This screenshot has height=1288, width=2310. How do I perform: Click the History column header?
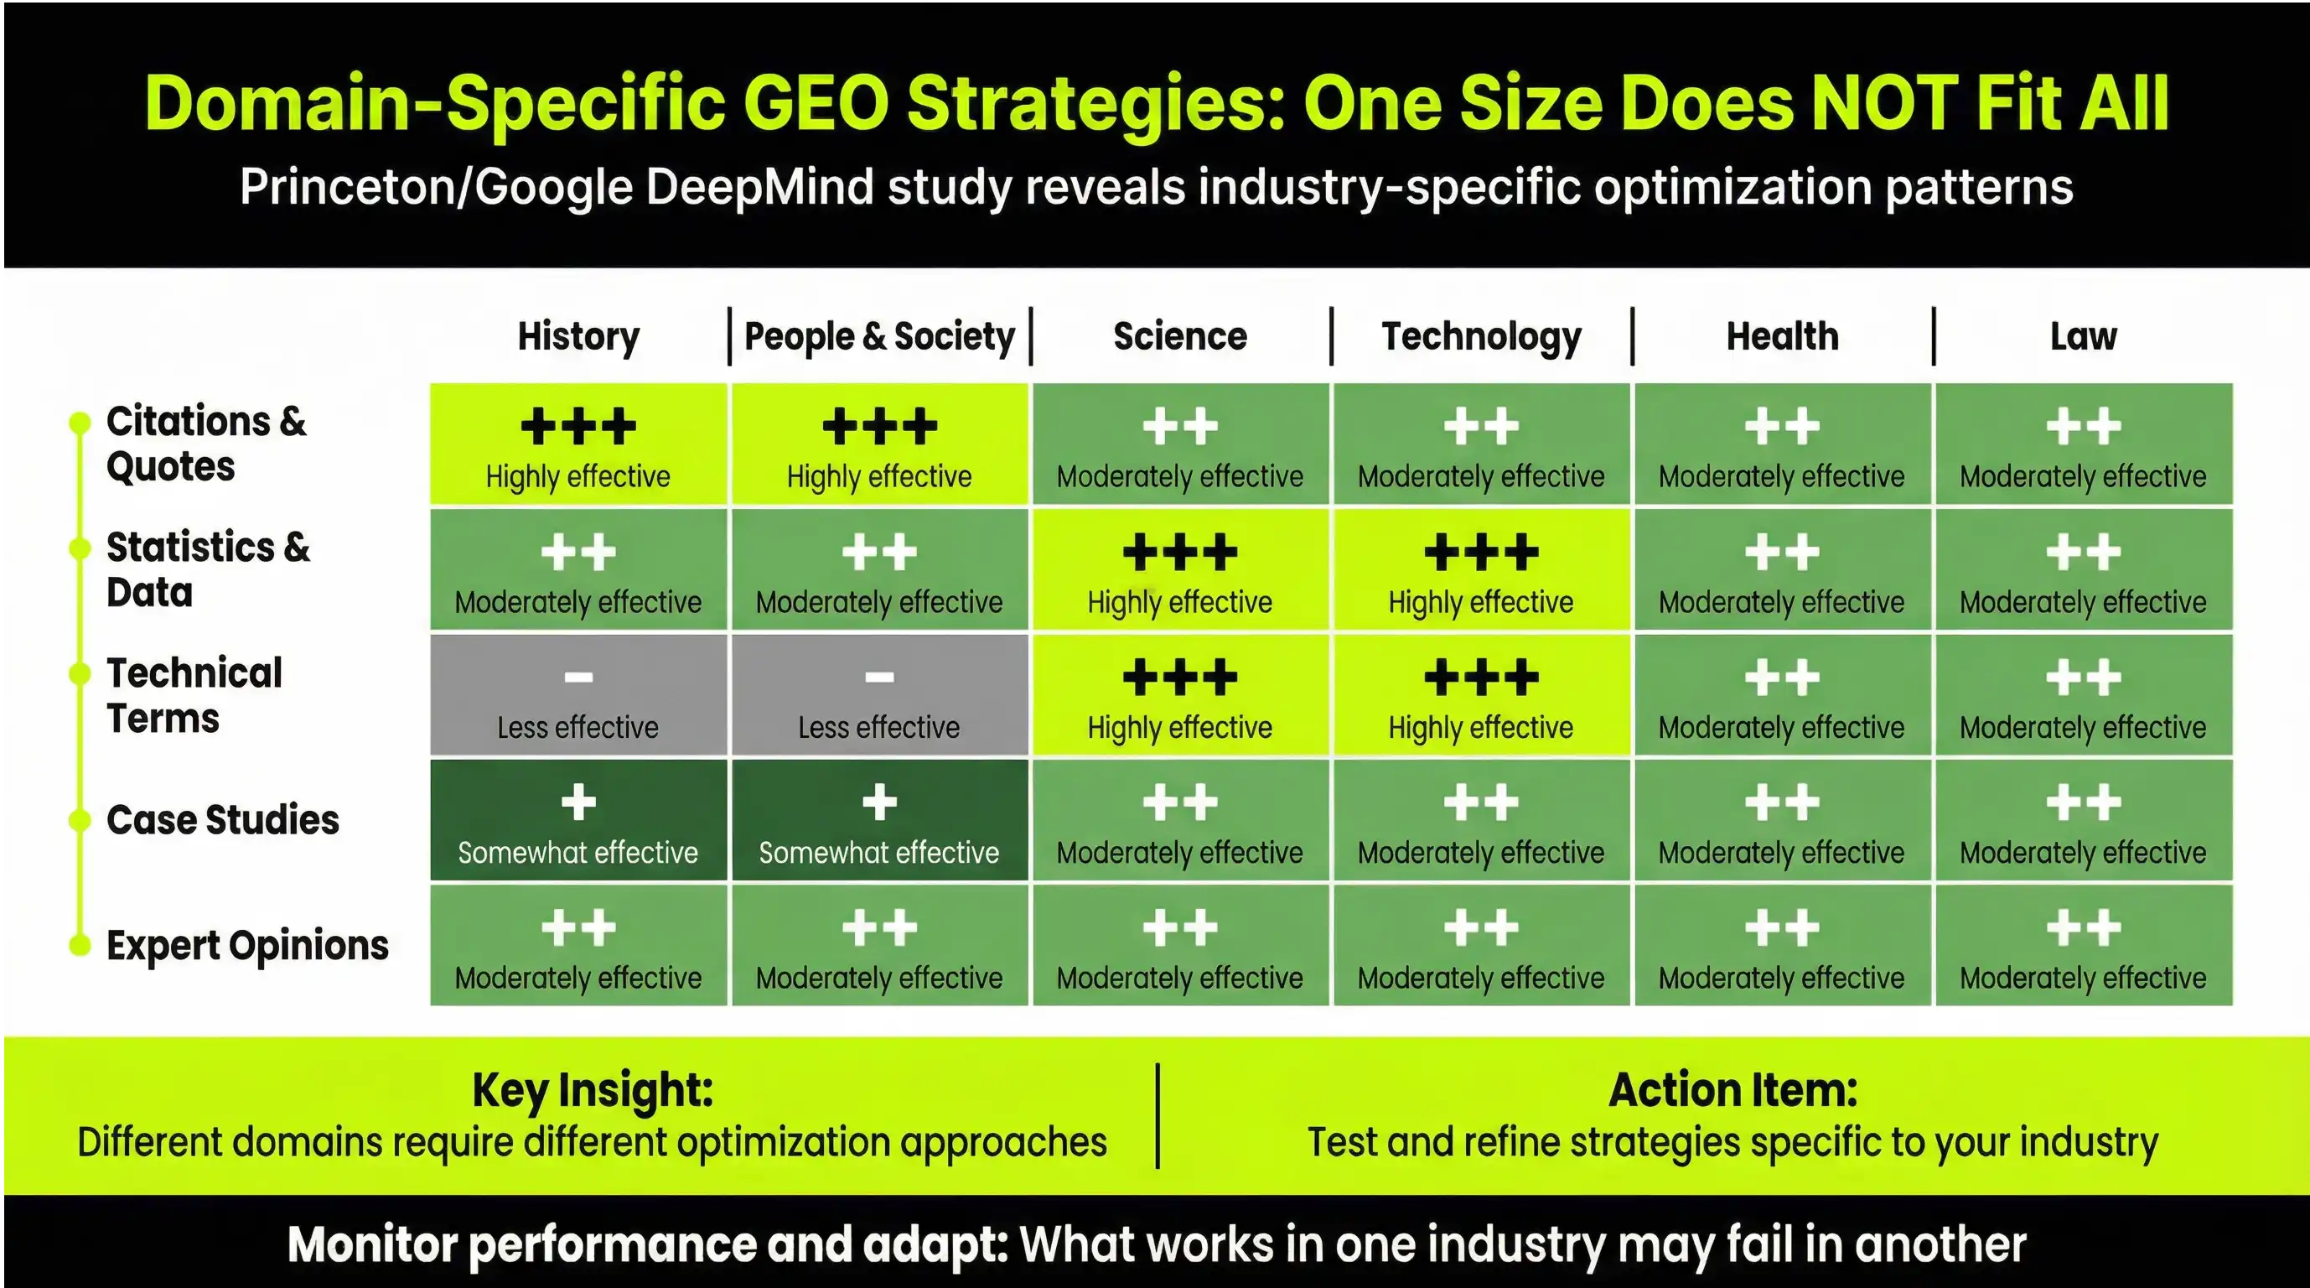(578, 336)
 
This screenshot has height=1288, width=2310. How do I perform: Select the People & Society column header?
(878, 336)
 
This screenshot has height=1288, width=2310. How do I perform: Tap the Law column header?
(2083, 336)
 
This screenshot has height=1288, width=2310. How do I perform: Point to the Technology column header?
(1481, 336)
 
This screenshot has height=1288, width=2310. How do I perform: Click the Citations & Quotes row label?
(206, 443)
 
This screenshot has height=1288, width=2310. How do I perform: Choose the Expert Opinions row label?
(247, 945)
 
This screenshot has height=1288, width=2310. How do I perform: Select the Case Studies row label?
(222, 820)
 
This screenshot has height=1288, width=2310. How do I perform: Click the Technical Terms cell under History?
(578, 695)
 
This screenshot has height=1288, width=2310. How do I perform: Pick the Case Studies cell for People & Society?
(878, 820)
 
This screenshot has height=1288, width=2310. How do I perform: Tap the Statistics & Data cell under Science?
(1180, 569)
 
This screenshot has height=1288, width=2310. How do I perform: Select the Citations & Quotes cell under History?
(578, 443)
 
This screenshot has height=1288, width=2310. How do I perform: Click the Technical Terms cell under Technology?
(1481, 695)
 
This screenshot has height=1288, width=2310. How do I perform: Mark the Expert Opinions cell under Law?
(2083, 945)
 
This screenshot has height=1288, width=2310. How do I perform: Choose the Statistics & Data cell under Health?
(1782, 569)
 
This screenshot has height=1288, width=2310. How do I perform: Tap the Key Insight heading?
(593, 1090)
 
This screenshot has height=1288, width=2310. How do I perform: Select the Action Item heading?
(1732, 1090)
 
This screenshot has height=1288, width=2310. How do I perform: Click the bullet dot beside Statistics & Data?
(80, 548)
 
